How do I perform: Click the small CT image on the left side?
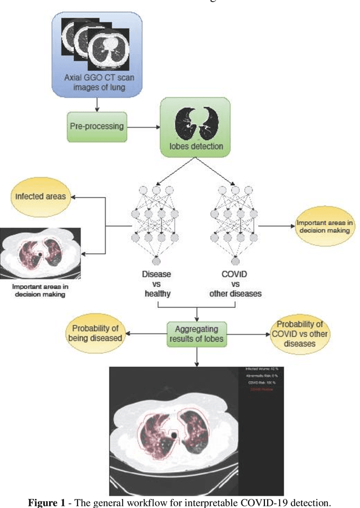[40, 254]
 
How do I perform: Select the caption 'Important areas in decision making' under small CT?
[40, 290]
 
